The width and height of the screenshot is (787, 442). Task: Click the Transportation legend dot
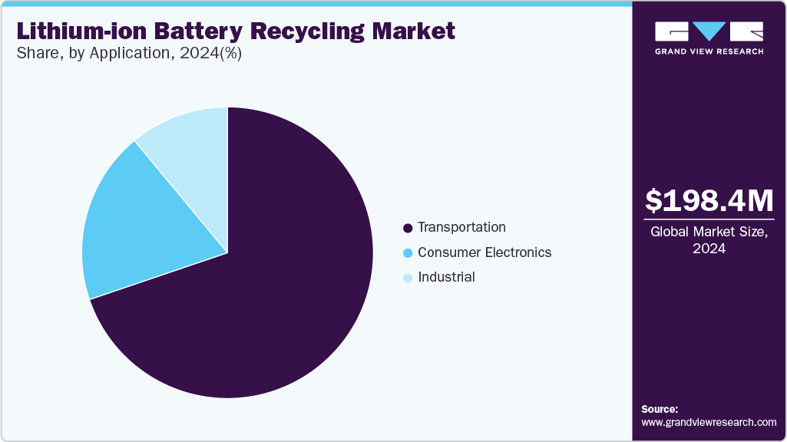(x=408, y=228)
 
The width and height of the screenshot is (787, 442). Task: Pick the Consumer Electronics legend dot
(x=408, y=253)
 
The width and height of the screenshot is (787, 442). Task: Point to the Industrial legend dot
(x=408, y=278)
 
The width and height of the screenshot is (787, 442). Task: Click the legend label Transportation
(x=461, y=227)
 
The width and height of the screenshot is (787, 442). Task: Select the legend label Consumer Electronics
(x=484, y=252)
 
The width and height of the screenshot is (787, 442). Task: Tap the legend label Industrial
(x=446, y=277)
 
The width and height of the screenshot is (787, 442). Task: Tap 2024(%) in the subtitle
(x=215, y=55)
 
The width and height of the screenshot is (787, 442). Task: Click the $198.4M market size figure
(x=709, y=201)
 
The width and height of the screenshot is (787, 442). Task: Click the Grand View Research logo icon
(x=709, y=32)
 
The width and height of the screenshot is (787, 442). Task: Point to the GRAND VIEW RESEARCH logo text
(x=709, y=51)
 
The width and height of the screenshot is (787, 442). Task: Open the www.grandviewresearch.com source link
(x=709, y=422)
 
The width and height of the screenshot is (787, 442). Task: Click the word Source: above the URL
(x=660, y=409)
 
